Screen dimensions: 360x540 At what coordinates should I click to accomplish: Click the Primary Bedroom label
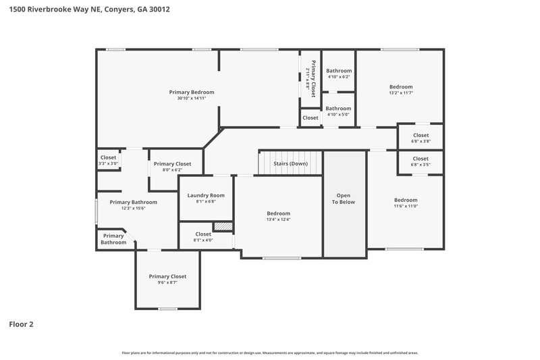point(192,92)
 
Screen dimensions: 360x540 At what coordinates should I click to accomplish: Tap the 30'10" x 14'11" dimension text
point(192,99)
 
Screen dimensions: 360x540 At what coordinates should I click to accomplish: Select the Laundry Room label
point(205,195)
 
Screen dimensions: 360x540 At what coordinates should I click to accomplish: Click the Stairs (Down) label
point(290,163)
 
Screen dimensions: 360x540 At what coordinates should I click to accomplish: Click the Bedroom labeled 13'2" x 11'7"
point(400,86)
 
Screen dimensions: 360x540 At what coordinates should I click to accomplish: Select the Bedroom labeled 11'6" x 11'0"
point(406,200)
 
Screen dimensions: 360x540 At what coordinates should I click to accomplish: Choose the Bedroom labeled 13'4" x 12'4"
point(278,213)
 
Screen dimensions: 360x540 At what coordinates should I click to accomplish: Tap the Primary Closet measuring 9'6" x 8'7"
point(167,276)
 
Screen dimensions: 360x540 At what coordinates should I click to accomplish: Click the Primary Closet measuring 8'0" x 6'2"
point(173,164)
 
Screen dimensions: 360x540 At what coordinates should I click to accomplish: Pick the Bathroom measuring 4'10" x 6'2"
point(339,71)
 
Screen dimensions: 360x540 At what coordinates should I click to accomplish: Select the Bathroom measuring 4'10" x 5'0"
point(339,108)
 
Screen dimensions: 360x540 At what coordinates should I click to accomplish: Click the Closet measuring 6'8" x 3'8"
point(421,135)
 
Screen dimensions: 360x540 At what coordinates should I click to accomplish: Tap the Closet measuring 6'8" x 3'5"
point(421,159)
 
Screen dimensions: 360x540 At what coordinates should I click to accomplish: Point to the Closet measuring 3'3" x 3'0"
point(108,158)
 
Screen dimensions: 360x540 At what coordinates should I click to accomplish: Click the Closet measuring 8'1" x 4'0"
point(203,234)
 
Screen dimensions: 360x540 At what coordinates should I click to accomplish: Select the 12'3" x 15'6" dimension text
point(134,209)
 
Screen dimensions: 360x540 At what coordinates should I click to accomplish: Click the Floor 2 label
point(21,324)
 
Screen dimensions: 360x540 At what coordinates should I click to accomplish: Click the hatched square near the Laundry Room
point(223,226)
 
